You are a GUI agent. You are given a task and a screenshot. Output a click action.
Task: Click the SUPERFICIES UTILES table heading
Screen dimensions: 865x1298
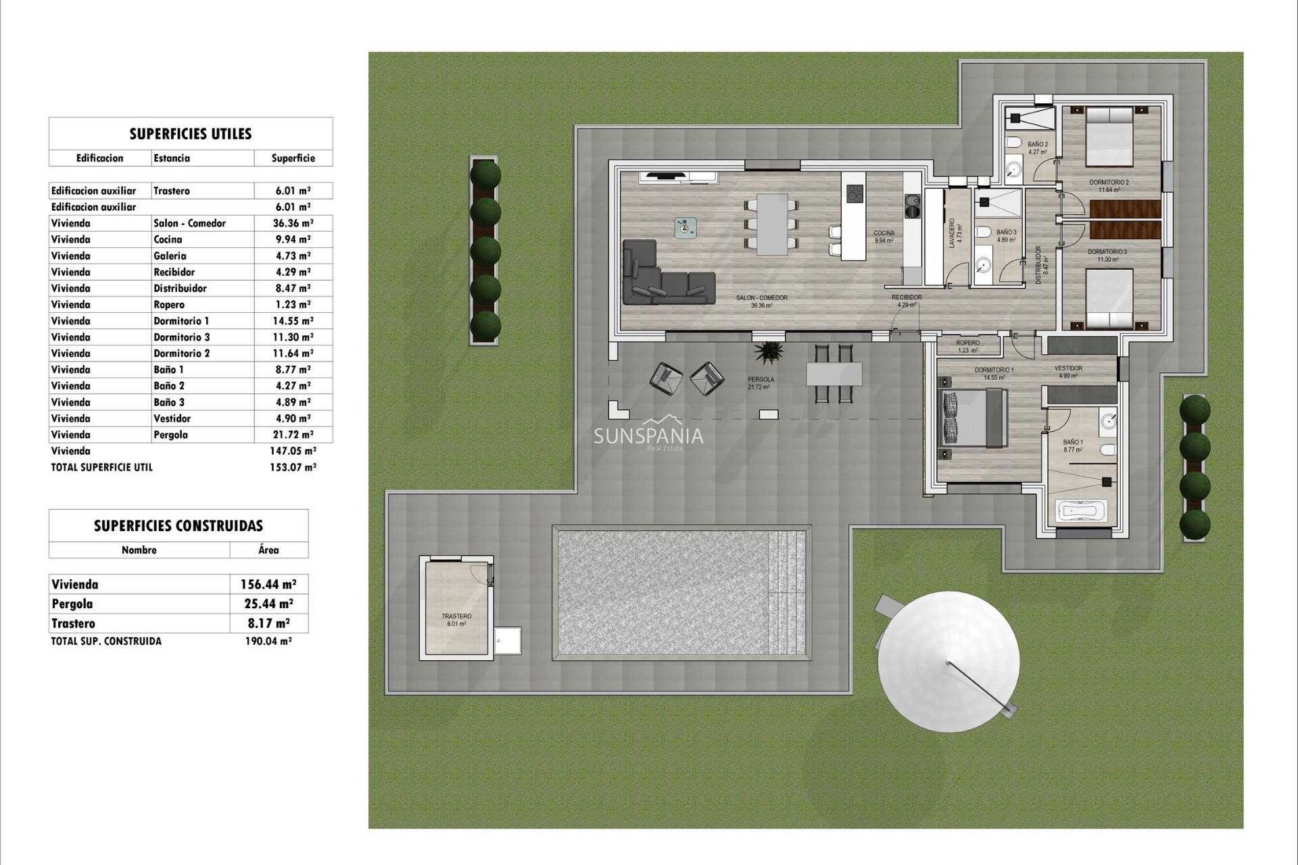[191, 134]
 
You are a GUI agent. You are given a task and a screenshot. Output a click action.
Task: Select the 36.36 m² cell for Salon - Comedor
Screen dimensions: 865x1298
[293, 223]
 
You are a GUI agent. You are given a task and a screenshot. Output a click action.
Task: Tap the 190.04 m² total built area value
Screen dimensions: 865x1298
[268, 641]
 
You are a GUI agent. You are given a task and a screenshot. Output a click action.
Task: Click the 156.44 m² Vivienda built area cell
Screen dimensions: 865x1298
[268, 585]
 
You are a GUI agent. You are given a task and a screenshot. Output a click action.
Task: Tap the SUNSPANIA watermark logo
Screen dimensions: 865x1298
[648, 436]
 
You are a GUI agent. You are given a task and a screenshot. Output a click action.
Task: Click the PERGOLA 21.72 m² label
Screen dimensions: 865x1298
[761, 383]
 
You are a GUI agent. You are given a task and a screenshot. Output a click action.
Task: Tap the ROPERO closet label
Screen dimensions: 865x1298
[968, 346]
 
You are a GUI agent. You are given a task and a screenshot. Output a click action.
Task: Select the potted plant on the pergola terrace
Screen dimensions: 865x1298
[769, 352]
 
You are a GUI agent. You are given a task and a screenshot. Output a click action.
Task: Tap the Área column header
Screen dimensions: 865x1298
[268, 550]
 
